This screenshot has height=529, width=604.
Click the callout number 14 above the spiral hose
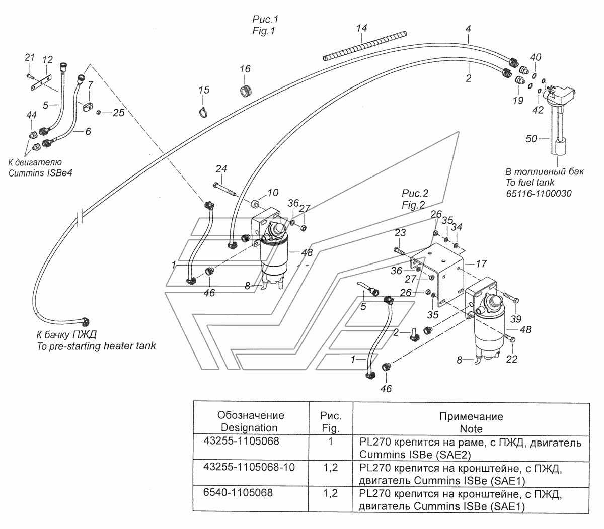click(x=362, y=28)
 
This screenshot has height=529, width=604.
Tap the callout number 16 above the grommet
click(x=245, y=69)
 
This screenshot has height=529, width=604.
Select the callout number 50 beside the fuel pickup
click(x=532, y=139)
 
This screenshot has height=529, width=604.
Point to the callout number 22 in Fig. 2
click(x=512, y=359)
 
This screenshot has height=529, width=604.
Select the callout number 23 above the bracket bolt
click(x=400, y=233)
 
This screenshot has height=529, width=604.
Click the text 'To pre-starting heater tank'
click(x=96, y=346)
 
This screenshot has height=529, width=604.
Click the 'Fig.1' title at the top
click(x=265, y=30)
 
